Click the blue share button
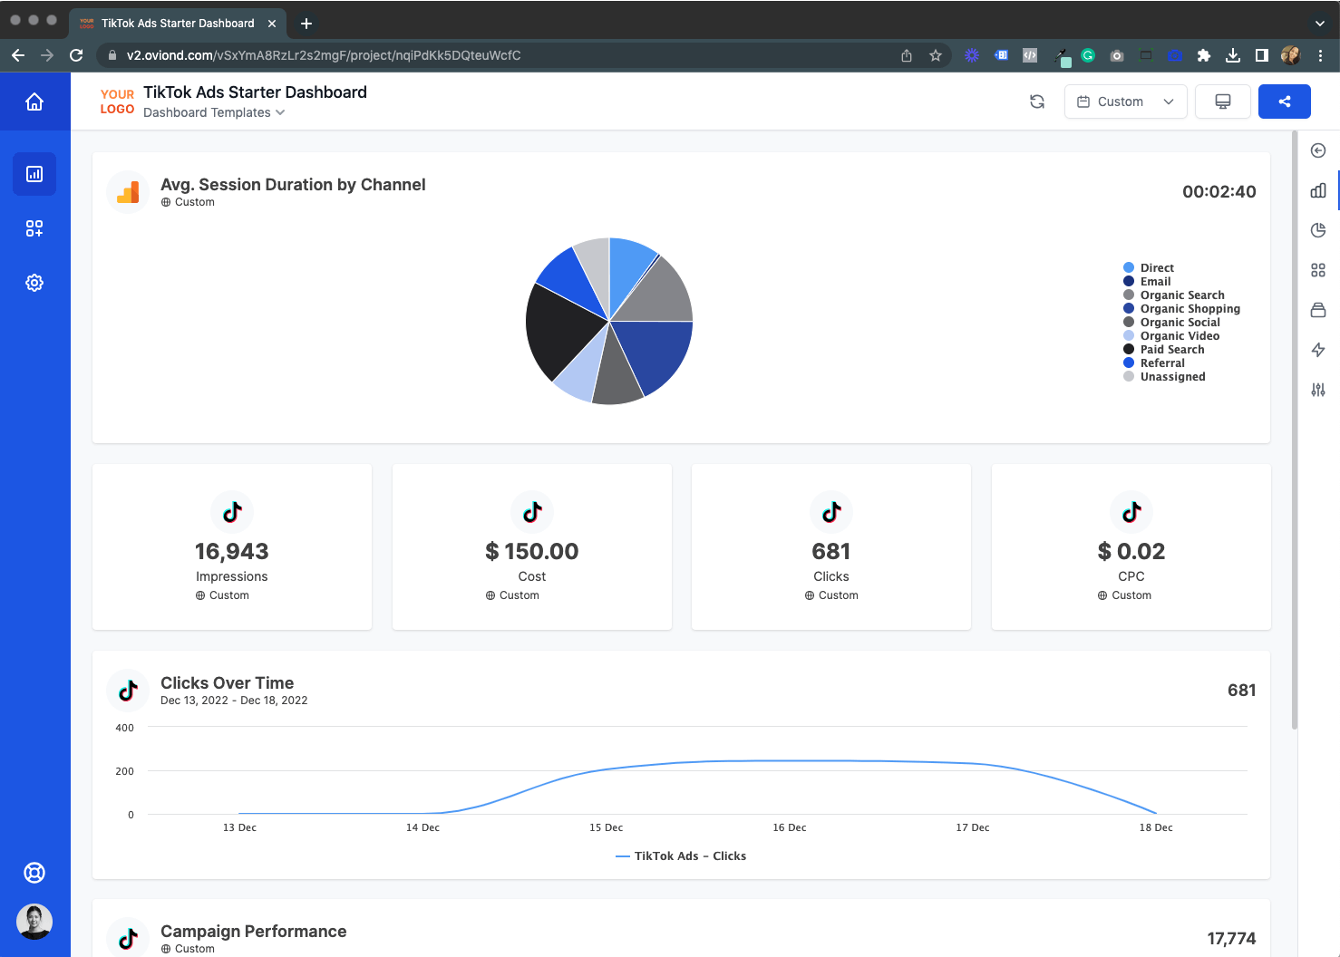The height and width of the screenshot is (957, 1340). [1284, 101]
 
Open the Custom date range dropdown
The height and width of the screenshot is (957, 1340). [1125, 101]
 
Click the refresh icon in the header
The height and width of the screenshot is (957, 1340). [1037, 101]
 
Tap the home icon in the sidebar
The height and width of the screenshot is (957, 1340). [34, 101]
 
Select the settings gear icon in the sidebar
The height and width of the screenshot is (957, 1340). [34, 283]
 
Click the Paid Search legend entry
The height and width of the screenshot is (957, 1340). [1171, 350]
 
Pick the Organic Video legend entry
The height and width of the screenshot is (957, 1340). [1179, 336]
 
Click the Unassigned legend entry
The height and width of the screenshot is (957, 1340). [1172, 377]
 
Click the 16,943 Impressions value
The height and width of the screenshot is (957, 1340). [232, 551]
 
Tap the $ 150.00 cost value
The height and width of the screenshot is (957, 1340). [532, 551]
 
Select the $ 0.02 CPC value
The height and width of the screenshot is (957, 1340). [1131, 551]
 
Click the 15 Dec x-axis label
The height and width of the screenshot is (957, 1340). [606, 827]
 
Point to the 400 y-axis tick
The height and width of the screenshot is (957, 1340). [125, 728]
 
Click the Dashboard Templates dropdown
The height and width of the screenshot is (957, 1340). [214, 112]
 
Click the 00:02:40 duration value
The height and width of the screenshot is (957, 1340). [1219, 191]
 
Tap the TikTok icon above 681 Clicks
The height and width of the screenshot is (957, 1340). [831, 512]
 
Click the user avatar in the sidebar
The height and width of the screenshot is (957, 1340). [34, 922]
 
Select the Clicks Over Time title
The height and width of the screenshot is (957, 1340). [227, 683]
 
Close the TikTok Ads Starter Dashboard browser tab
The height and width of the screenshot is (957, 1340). [272, 24]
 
